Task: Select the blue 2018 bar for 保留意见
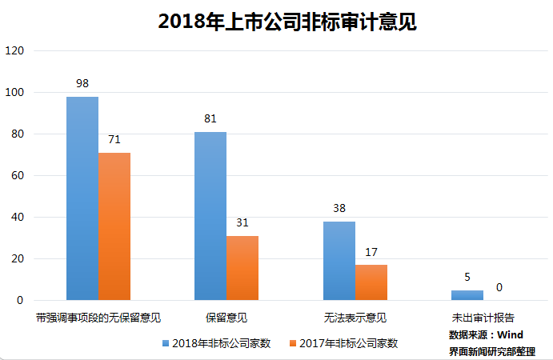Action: coord(210,216)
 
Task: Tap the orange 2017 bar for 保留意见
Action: coord(242,268)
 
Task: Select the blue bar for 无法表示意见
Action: coord(339,261)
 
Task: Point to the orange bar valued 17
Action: coord(371,282)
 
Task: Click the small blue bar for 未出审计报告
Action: coord(467,295)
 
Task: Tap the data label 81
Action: coord(210,119)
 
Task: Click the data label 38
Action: coord(339,209)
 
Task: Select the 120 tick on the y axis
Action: coord(15,50)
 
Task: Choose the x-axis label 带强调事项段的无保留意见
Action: coord(98,318)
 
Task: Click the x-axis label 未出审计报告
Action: coord(483,318)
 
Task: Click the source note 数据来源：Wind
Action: coord(486,334)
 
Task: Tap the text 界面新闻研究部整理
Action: coord(492,350)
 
